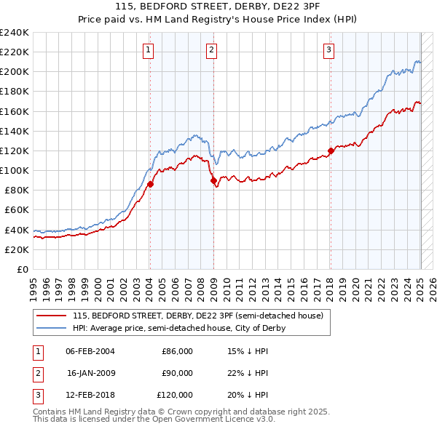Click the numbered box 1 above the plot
coord(148,50)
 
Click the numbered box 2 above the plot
coord(211,50)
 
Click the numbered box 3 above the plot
coord(329,50)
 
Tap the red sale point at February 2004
coord(150,184)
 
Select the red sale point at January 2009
coord(213,180)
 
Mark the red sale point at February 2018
coord(331,151)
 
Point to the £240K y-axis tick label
coord(14,33)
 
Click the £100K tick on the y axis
coord(14,170)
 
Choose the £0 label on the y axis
coord(22,269)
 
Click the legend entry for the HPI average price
coord(178,328)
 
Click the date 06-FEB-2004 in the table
coord(90,351)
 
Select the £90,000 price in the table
coord(177,373)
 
